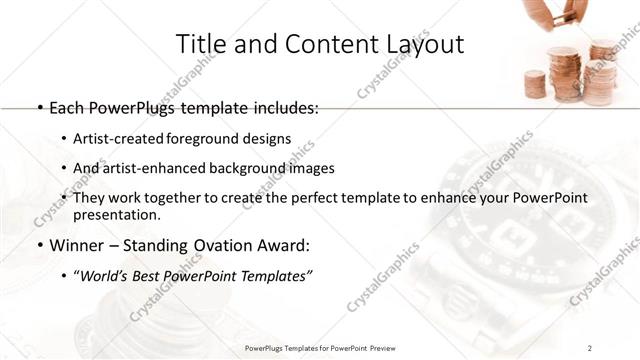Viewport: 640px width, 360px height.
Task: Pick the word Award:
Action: click(x=289, y=245)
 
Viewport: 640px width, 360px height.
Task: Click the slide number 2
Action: click(x=590, y=347)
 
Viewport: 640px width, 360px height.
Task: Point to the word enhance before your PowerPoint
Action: click(x=456, y=198)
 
